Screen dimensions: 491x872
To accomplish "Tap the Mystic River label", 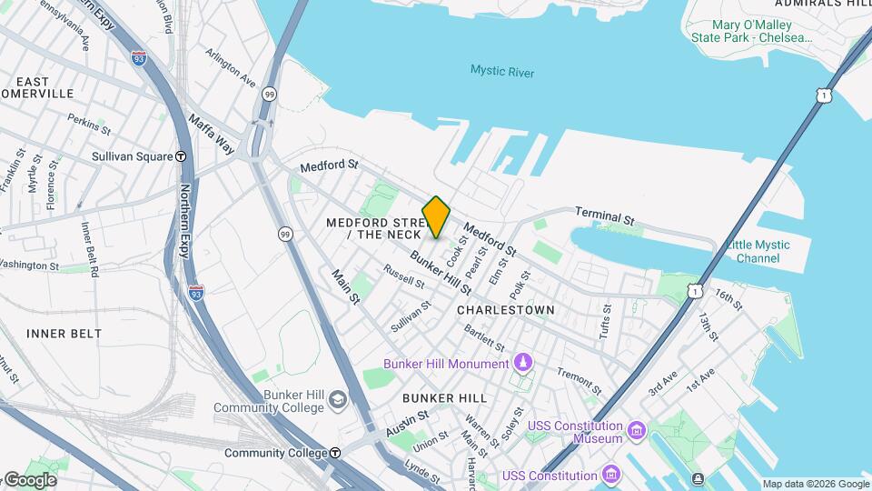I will click(502, 72).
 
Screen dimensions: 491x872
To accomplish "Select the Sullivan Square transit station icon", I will click(182, 156).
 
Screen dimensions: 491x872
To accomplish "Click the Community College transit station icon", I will click(335, 453).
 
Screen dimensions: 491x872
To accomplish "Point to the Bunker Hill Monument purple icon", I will click(523, 364).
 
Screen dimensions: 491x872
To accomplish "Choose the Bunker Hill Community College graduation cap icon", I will click(338, 400).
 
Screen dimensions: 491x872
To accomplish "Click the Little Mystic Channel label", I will click(758, 251).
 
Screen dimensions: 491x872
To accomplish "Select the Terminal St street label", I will click(604, 216).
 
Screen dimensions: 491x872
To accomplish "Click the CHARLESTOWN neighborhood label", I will click(505, 310).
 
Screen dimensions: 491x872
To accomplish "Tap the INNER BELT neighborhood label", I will click(64, 334).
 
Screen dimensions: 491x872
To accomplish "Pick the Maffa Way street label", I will click(212, 133).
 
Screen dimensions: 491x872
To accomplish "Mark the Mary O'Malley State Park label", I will click(750, 31).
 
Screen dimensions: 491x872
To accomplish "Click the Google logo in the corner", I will click(30, 480).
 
